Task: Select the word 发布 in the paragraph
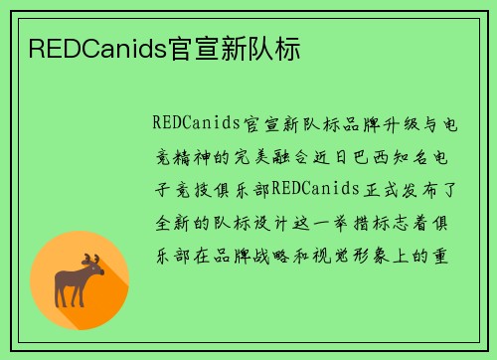[x=395, y=189]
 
